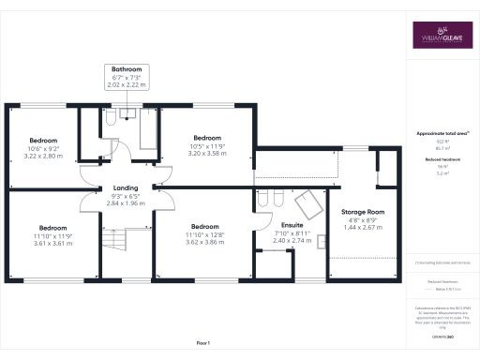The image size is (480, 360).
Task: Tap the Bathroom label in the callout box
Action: [127, 70]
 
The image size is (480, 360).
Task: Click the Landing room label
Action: [126, 187]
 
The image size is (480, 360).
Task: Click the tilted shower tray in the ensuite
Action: [307, 201]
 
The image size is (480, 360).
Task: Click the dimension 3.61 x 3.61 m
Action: [52, 242]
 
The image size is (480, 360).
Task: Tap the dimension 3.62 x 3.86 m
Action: [203, 242]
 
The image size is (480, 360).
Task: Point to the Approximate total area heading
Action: [442, 134]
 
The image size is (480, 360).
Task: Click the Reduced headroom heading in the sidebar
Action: [442, 160]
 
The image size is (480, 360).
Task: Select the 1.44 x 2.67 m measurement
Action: [364, 228]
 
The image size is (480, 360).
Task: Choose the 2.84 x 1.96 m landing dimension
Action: [126, 203]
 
